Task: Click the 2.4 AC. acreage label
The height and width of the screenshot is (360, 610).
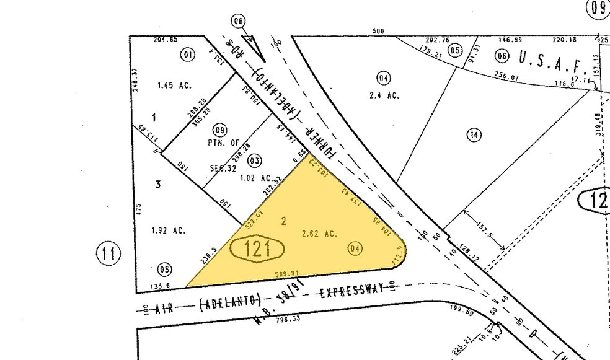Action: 387,95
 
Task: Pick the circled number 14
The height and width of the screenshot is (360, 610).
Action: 474,136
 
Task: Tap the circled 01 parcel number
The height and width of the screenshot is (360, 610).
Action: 187,55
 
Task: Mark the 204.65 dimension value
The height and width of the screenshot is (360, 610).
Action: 166,40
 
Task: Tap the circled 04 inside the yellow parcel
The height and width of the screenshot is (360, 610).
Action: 355,249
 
